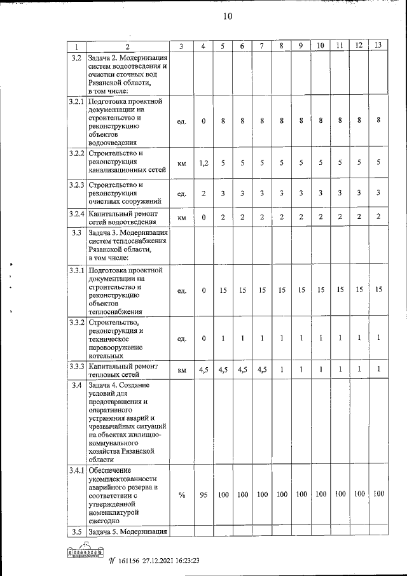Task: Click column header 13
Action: tap(378, 46)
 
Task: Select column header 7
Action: tap(261, 46)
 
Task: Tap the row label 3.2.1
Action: tap(76, 101)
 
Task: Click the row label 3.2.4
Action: tap(76, 213)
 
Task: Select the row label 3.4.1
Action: tap(76, 470)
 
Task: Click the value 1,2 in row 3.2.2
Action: tap(203, 164)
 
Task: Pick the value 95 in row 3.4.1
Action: tap(203, 495)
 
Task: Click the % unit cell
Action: tap(181, 495)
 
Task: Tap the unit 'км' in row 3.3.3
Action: tap(181, 370)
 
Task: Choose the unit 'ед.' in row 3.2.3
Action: tap(181, 193)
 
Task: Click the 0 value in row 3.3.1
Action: tap(203, 290)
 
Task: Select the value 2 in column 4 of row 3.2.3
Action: tap(203, 193)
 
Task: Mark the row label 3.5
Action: tap(76, 531)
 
